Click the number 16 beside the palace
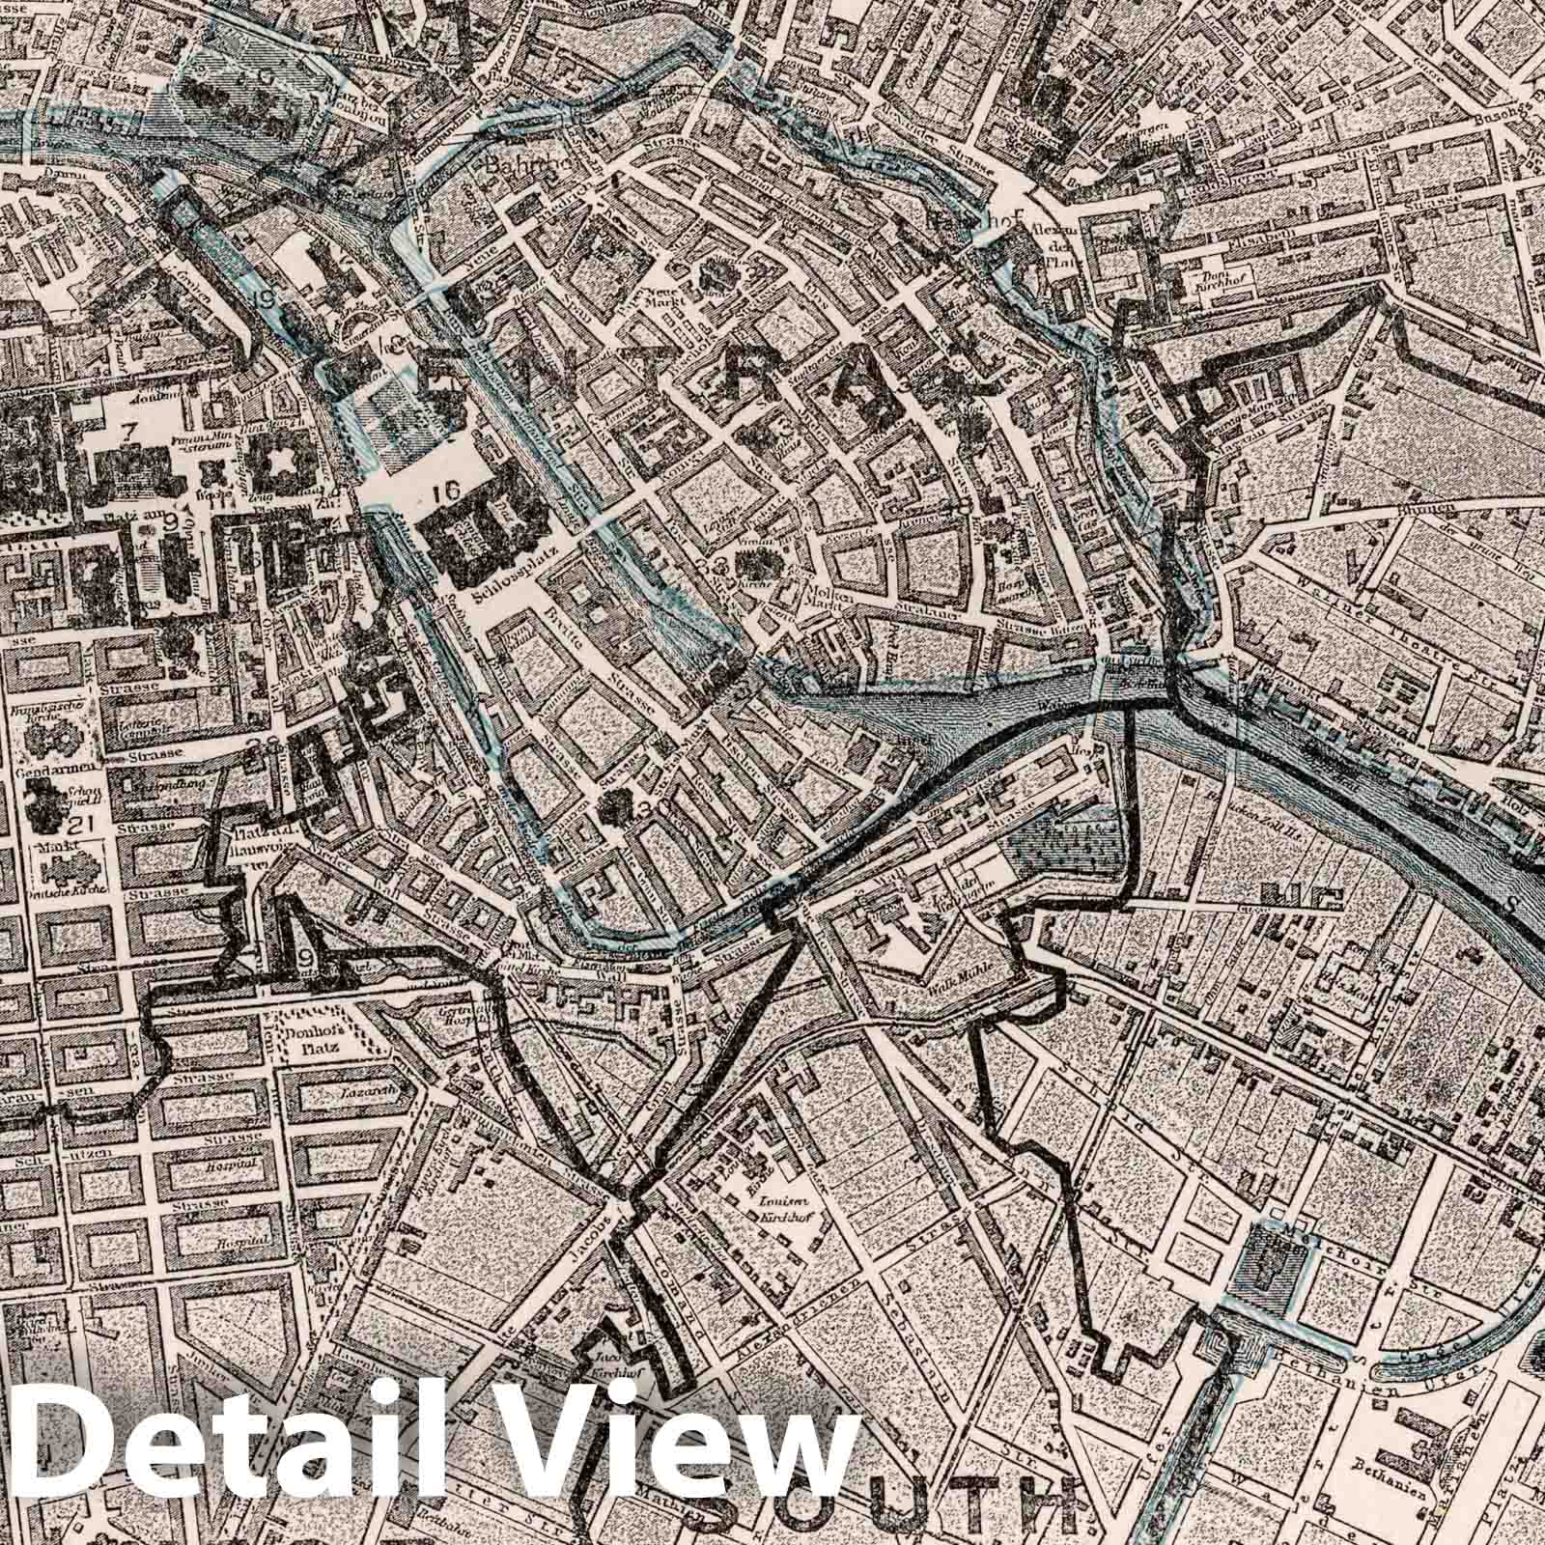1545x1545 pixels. click(x=445, y=491)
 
